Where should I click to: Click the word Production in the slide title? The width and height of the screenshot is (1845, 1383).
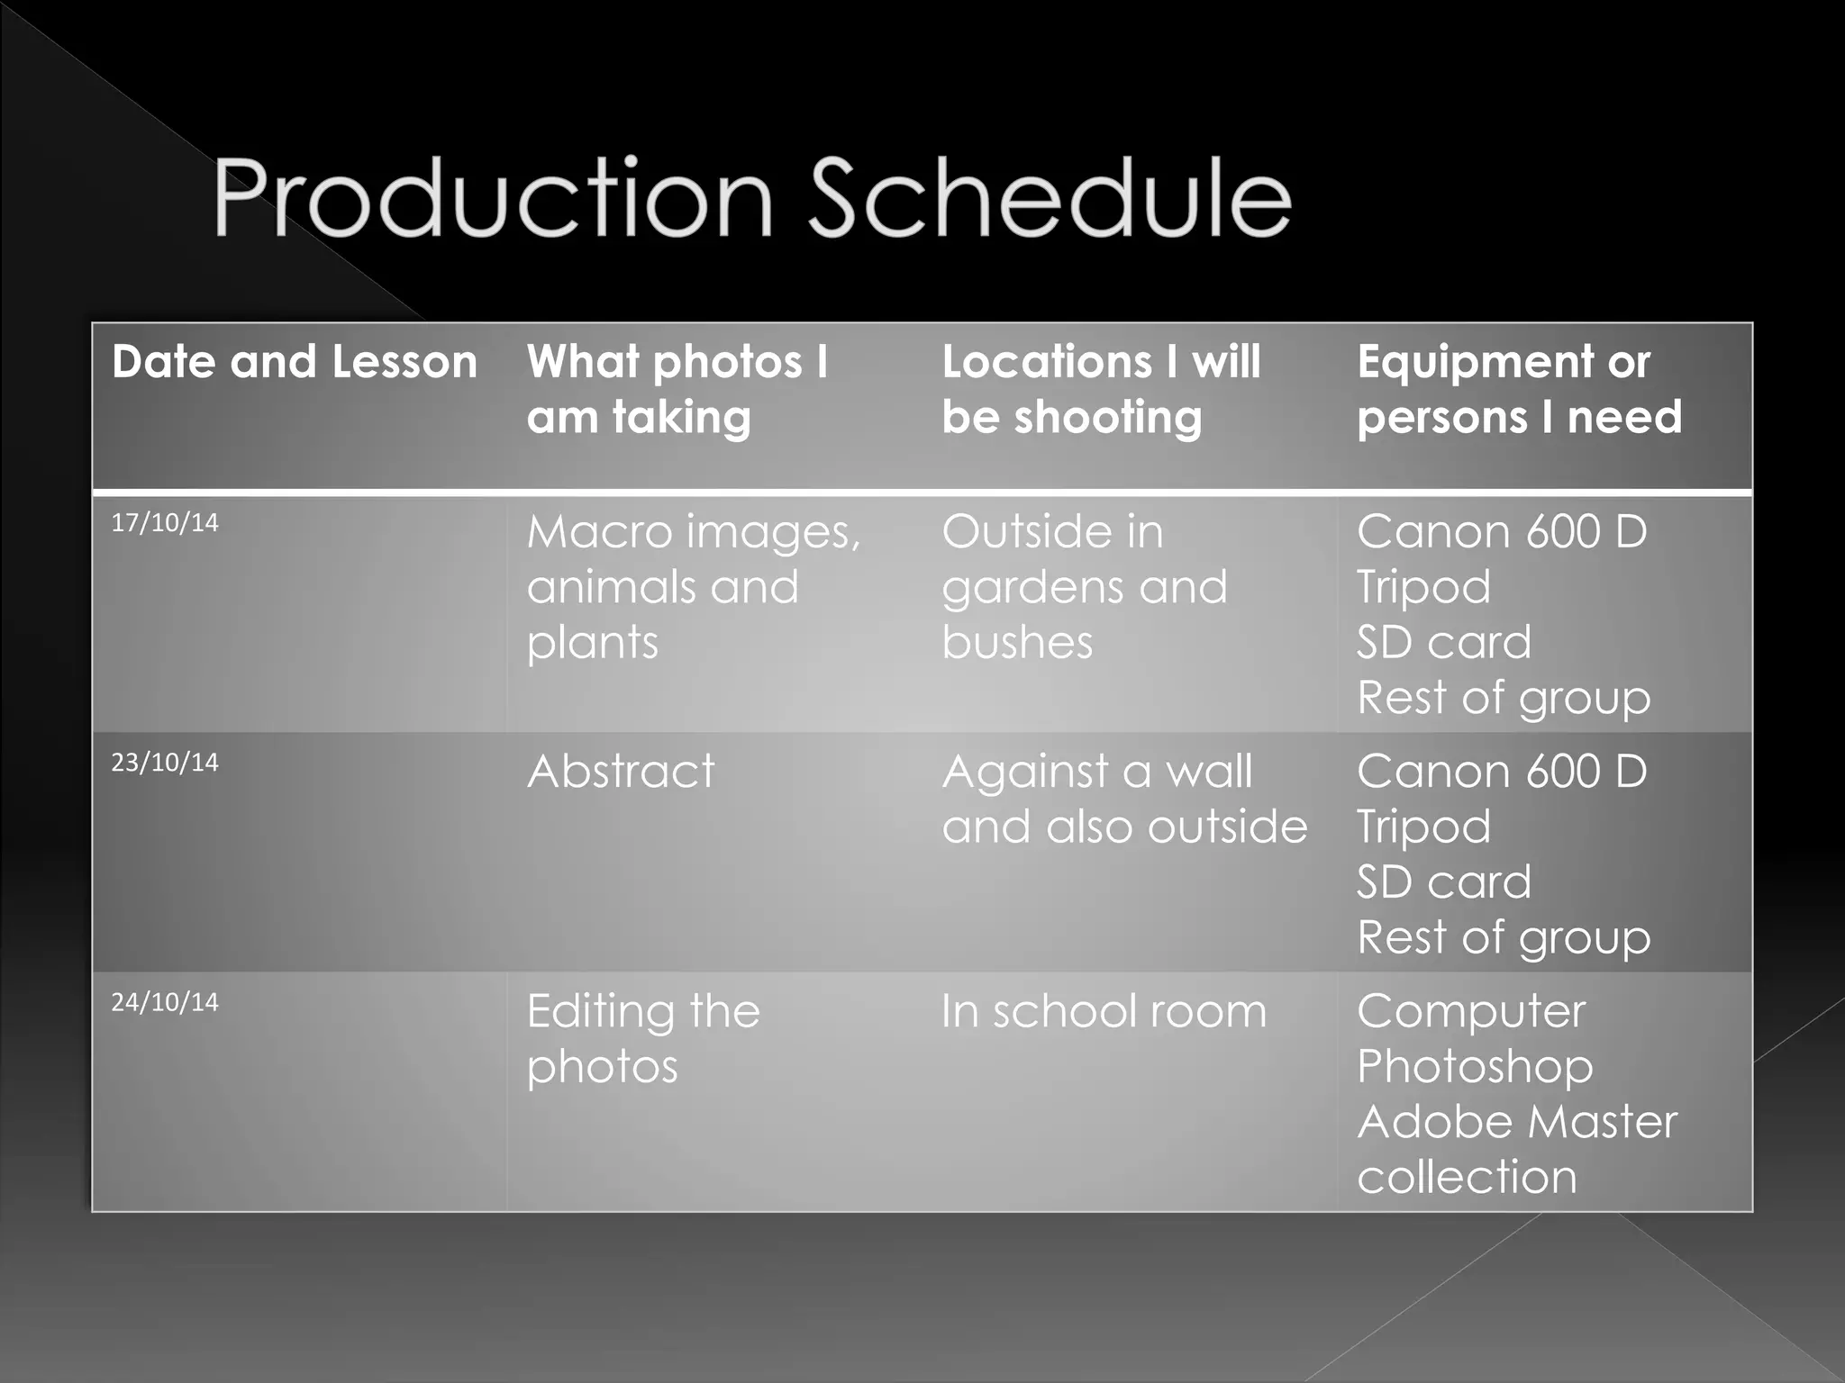pyautogui.click(x=493, y=200)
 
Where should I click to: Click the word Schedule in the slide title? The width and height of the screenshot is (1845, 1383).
pyautogui.click(x=1050, y=200)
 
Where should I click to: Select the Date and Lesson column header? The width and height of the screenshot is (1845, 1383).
pyautogui.click(x=295, y=362)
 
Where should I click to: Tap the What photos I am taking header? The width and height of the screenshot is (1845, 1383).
pyautogui.click(x=677, y=389)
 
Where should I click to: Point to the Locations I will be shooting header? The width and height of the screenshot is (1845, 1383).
pyautogui.click(x=1101, y=389)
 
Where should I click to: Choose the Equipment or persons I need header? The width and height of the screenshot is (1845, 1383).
pyautogui.click(x=1519, y=389)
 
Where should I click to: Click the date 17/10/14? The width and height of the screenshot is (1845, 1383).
pyautogui.click(x=165, y=523)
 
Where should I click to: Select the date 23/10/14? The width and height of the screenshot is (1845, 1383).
pyautogui.click(x=165, y=763)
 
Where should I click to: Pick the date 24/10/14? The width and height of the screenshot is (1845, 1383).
pyautogui.click(x=165, y=1002)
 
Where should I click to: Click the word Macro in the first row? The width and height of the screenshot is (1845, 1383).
pyautogui.click(x=598, y=531)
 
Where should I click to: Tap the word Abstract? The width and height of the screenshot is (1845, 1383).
pyautogui.click(x=621, y=772)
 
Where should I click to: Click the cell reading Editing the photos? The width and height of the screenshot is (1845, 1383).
pyautogui.click(x=643, y=1038)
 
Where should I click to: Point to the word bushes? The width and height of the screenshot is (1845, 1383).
pyautogui.click(x=1017, y=643)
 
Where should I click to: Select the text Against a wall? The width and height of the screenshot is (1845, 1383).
pyautogui.click(x=1097, y=772)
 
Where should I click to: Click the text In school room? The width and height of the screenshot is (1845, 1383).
pyautogui.click(x=1104, y=1011)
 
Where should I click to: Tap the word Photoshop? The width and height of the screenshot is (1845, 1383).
pyautogui.click(x=1475, y=1068)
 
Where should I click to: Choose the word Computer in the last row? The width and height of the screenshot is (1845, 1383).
pyautogui.click(x=1471, y=1012)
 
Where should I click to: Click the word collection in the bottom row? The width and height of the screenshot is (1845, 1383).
pyautogui.click(x=1467, y=1178)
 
